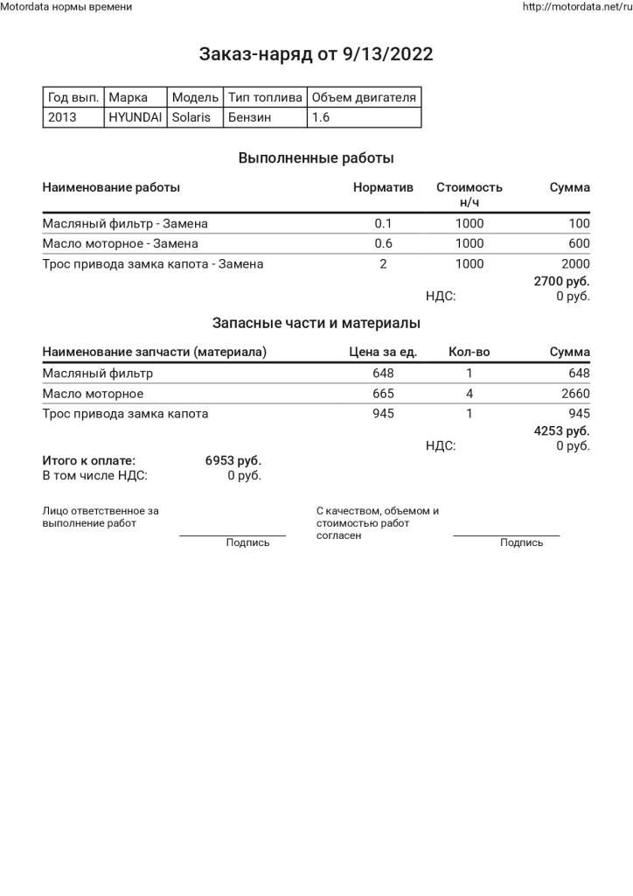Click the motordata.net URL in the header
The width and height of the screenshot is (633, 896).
576,7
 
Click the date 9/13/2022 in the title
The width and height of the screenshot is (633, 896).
387,55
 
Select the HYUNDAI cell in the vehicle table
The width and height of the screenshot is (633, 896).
135,116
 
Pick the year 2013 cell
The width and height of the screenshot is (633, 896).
62,116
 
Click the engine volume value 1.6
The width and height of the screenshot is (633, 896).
321,116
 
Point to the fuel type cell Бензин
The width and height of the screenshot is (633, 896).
249,116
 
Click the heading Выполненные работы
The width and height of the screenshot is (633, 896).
316,158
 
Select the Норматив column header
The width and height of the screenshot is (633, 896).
383,187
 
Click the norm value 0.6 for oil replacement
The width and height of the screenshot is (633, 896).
383,243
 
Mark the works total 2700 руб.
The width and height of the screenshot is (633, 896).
561,282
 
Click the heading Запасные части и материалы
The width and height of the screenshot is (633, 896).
316,323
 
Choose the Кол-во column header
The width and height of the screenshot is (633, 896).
469,352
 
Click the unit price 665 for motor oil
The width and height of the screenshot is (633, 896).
383,393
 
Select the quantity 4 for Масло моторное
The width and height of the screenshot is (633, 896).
470,393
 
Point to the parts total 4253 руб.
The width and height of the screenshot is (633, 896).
561,430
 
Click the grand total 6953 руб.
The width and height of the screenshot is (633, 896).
233,460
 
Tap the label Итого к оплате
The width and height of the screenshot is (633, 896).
89,460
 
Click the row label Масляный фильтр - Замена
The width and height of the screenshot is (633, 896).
125,223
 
